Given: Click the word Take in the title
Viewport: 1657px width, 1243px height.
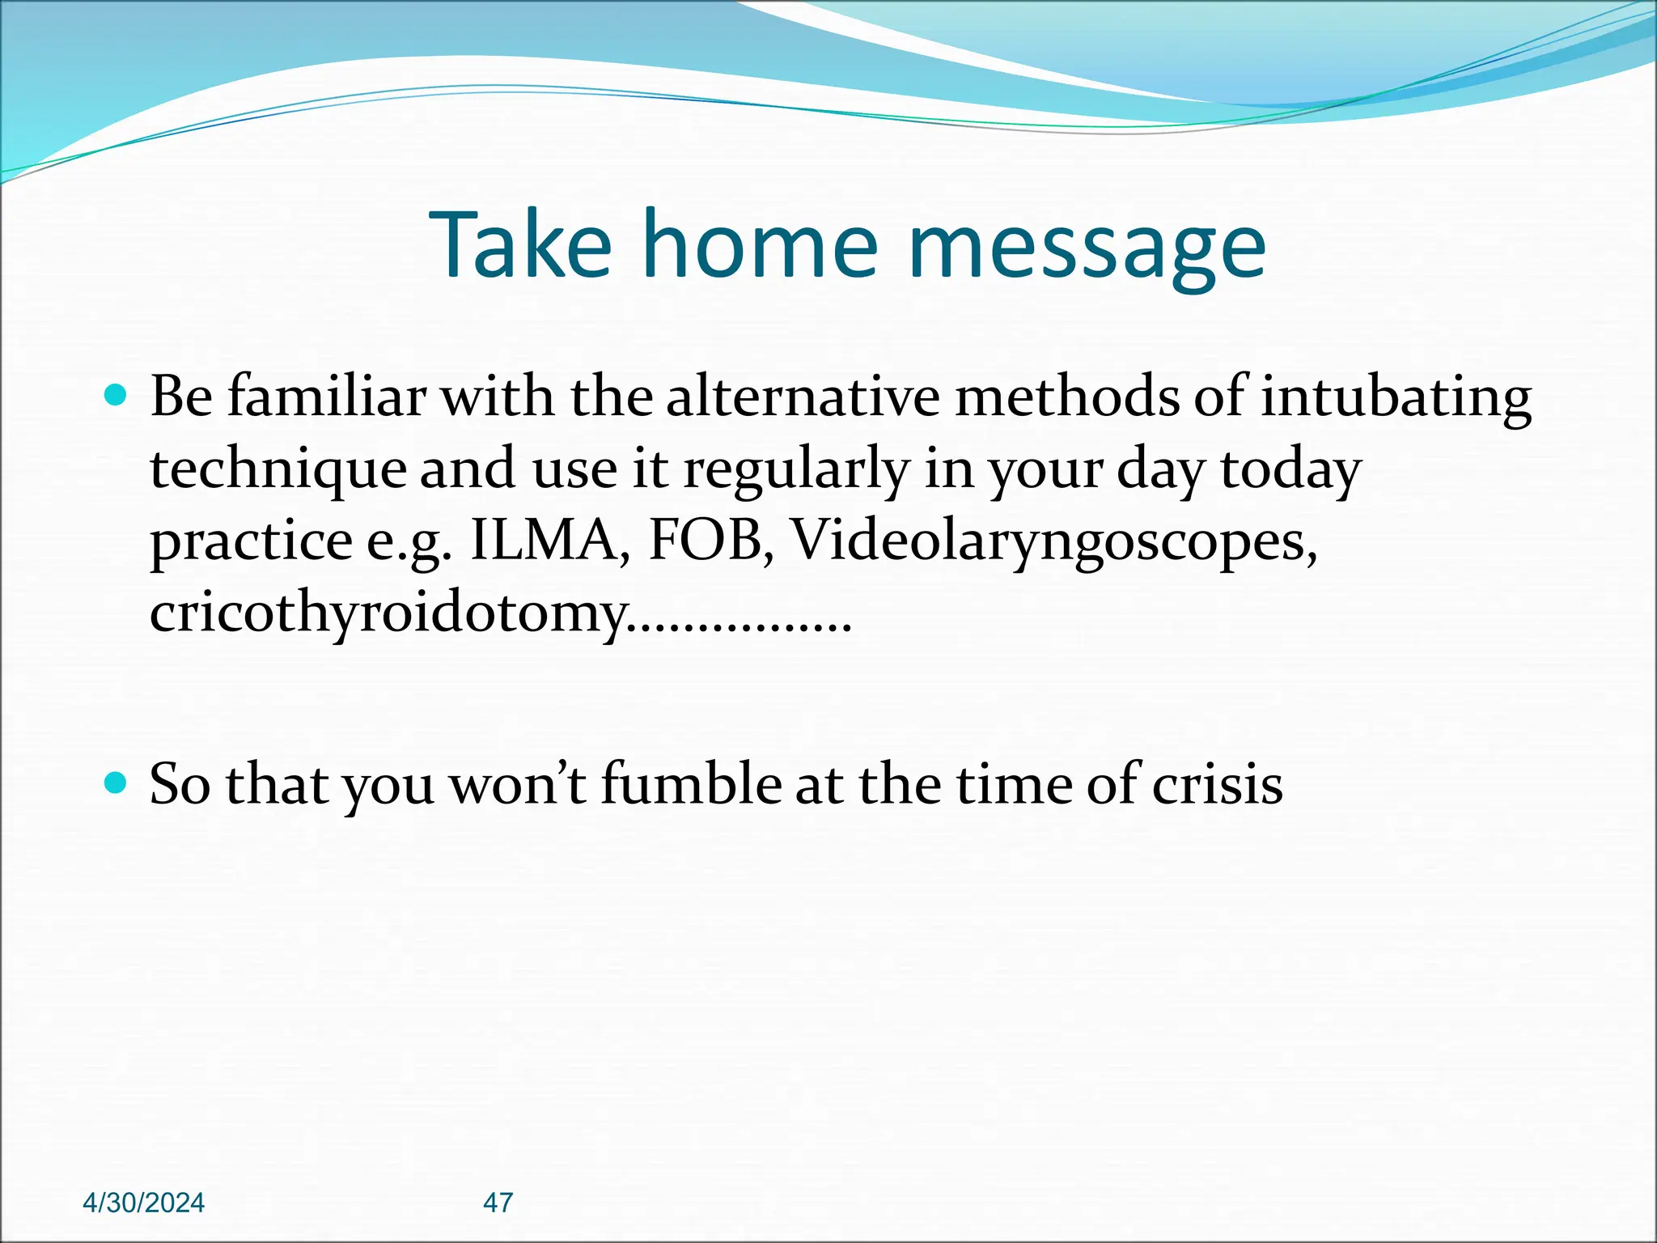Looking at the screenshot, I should [x=522, y=245].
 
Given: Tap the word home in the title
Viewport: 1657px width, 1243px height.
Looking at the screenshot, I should [x=760, y=245].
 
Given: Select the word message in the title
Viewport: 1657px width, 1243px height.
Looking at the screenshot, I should [x=1087, y=245].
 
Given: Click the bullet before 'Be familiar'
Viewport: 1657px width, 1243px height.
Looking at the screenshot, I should [x=117, y=396].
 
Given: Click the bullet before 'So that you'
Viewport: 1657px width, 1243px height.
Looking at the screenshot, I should [x=117, y=783].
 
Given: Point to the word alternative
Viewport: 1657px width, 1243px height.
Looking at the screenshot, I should [x=803, y=397].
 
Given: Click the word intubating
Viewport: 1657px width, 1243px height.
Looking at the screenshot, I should [x=1395, y=397].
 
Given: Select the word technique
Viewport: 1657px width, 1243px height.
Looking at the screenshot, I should [x=278, y=469].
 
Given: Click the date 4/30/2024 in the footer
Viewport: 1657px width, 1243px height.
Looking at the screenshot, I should [x=144, y=1203].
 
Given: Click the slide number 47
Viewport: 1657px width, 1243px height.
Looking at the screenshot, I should [x=498, y=1203].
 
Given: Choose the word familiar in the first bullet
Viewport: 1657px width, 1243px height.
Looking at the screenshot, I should [x=326, y=397].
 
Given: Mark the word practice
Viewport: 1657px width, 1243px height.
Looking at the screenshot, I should [x=251, y=540].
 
